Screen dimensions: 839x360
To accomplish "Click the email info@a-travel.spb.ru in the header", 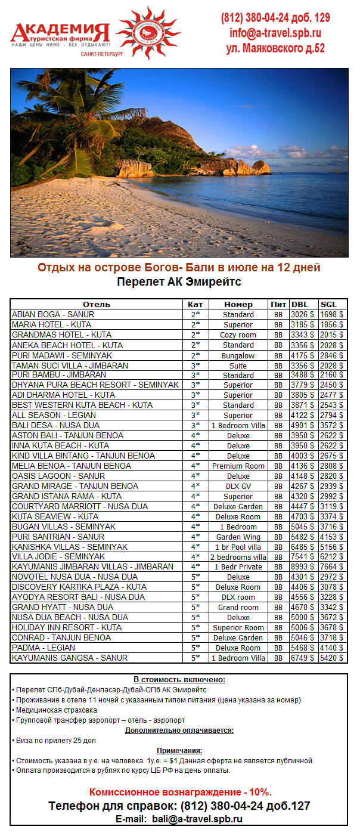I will [275, 33].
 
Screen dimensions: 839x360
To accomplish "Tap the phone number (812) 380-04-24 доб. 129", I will [275, 18].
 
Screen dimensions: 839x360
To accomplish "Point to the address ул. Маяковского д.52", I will [275, 48].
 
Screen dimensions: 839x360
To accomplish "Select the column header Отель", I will [97, 304].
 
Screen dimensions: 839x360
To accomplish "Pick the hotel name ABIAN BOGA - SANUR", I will [53, 314].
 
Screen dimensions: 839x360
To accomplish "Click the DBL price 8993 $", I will [302, 567].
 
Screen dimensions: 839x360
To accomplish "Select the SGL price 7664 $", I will [331, 567].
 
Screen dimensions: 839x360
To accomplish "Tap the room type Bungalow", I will [238, 355].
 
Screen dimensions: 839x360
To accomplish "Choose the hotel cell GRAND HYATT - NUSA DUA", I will [63, 607].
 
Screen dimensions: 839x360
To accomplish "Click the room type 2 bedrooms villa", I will [238, 557].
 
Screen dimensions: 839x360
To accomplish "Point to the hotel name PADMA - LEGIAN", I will [44, 648].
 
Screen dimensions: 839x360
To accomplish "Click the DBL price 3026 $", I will [302, 314].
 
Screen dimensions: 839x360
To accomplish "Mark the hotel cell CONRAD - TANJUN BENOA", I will [61, 637].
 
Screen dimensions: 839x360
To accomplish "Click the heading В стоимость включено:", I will [179, 680].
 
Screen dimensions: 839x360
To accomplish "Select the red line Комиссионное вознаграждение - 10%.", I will [180, 792].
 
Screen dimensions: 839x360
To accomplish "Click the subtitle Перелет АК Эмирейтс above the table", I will [179, 281].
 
